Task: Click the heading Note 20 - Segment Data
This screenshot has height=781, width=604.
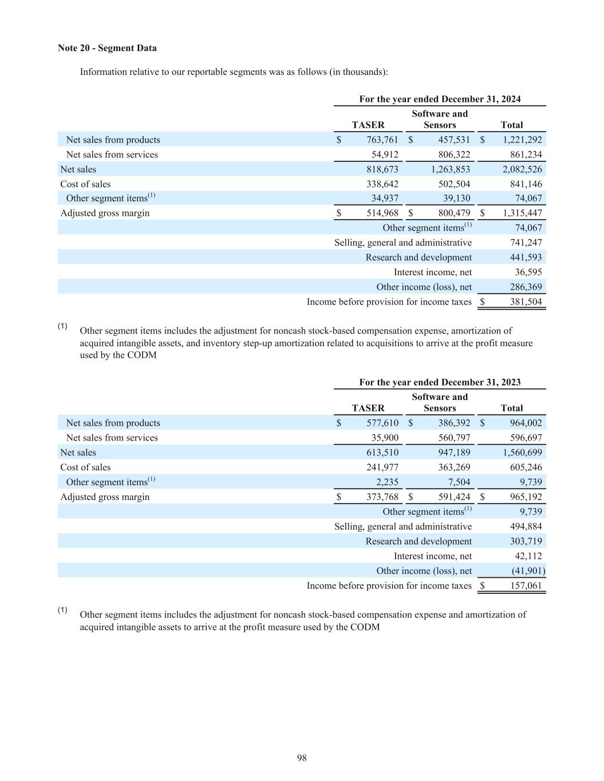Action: click(107, 48)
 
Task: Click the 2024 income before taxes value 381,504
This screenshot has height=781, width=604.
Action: click(526, 302)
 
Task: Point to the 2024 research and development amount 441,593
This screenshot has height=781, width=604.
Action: click(526, 257)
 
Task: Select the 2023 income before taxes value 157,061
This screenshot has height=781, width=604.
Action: click(526, 586)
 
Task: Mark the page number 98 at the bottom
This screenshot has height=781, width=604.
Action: click(302, 758)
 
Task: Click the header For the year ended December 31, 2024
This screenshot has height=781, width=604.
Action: click(440, 99)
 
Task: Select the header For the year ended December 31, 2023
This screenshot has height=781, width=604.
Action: click(440, 382)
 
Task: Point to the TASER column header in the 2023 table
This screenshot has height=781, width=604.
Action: click(368, 408)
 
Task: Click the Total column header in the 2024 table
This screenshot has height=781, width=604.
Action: click(511, 125)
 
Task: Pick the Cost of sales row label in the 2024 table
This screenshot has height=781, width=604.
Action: click(85, 184)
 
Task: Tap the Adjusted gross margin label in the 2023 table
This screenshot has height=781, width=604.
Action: click(105, 497)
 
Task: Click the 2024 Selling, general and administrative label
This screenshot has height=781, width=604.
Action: click(403, 243)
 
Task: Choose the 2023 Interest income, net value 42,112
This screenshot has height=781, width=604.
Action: click(526, 556)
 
